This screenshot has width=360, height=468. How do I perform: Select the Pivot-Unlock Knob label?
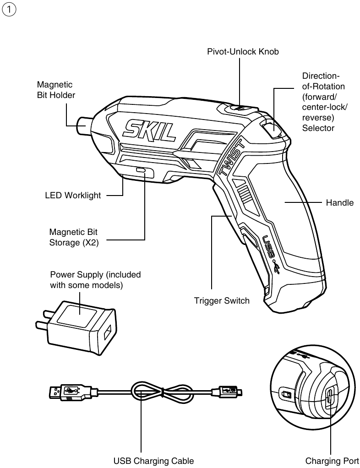[x=243, y=52]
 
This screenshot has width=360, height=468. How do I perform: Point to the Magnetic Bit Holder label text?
[x=55, y=90]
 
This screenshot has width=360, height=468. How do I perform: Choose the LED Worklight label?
[x=72, y=196]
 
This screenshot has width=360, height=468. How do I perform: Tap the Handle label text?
[x=339, y=202]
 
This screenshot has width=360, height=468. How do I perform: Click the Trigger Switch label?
[x=222, y=301]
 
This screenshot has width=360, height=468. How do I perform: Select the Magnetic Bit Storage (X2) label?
[x=74, y=237]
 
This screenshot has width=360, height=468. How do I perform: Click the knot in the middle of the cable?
[x=147, y=392]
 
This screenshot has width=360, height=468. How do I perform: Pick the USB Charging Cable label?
[x=153, y=461]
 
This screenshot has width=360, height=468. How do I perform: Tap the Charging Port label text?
[x=332, y=461]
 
